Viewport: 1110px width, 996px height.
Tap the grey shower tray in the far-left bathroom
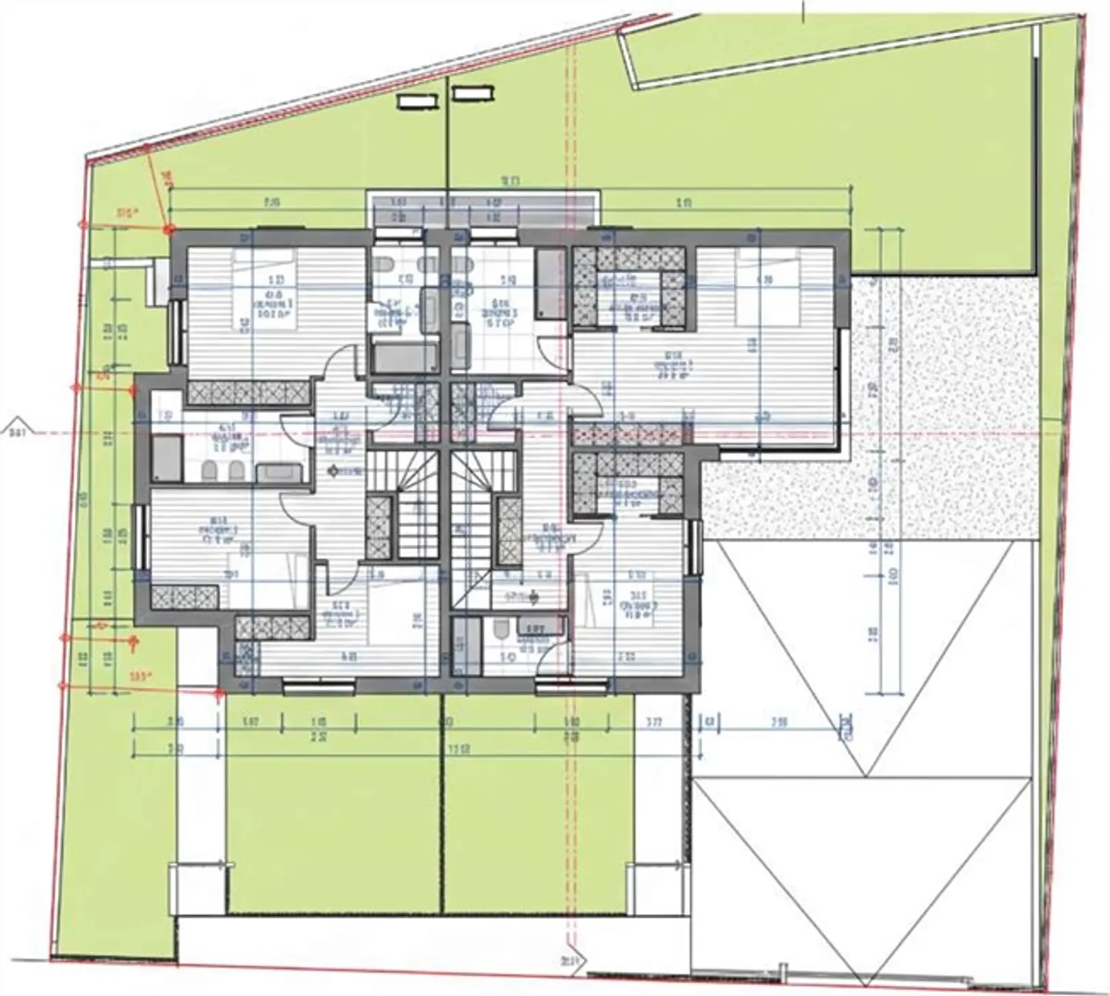[166, 460]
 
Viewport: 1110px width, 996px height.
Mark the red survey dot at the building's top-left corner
[170, 229]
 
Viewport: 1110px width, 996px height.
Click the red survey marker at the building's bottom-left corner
[218, 692]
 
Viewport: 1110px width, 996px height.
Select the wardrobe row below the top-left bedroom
[248, 393]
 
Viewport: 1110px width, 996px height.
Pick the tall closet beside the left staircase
[378, 527]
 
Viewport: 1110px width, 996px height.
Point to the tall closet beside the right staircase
[510, 530]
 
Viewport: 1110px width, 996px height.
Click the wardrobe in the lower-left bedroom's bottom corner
[184, 597]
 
